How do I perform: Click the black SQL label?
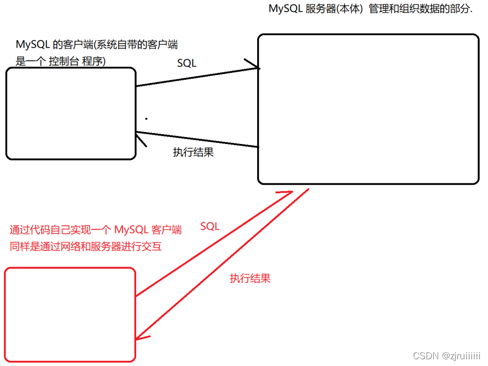tap(187, 63)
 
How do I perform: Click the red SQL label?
tap(210, 226)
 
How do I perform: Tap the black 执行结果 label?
tap(193, 153)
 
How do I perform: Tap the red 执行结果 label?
tap(250, 278)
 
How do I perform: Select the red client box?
tap(70, 314)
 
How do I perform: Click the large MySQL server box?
tap(368, 109)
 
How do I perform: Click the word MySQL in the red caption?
tap(131, 230)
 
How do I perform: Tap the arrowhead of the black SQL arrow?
tap(256, 66)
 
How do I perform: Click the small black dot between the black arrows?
tap(146, 119)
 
